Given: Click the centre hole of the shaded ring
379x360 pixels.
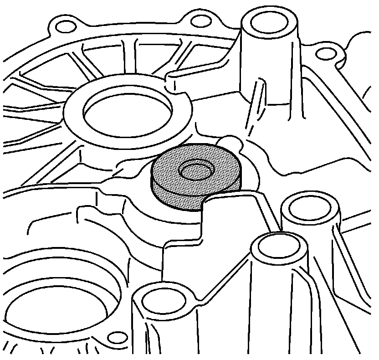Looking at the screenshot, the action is click(x=197, y=170).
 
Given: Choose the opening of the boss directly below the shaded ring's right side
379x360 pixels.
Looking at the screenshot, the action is click(x=277, y=247).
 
